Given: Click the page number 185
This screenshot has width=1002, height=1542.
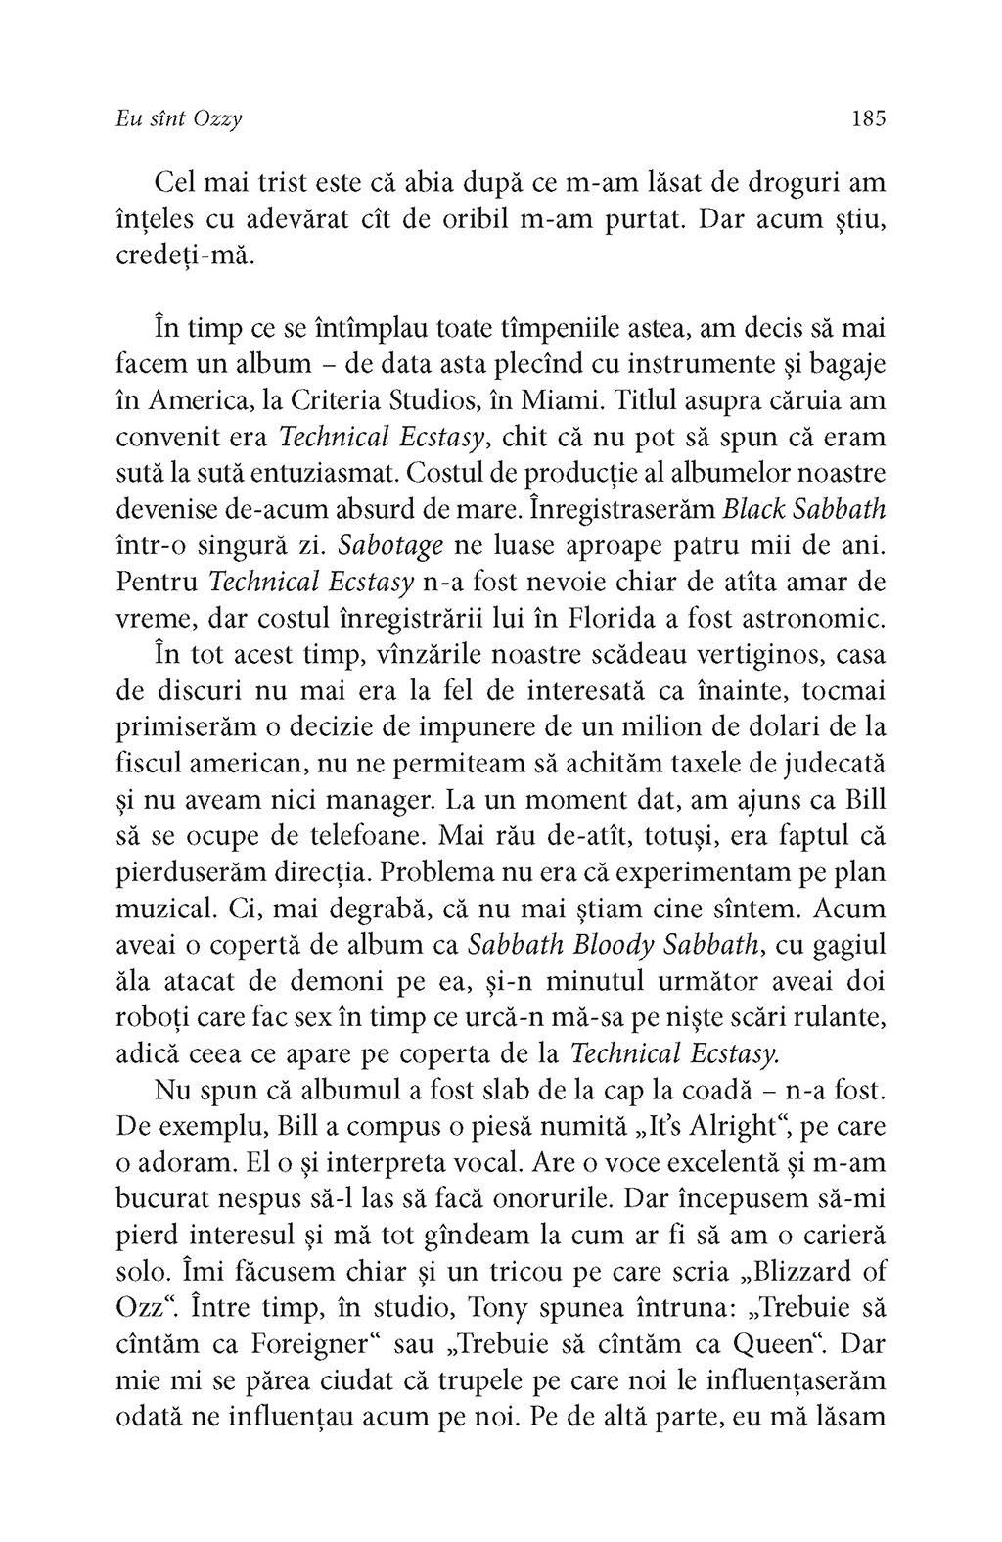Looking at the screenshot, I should click(868, 119).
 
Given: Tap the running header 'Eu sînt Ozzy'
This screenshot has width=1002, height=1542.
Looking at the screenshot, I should click(178, 119).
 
